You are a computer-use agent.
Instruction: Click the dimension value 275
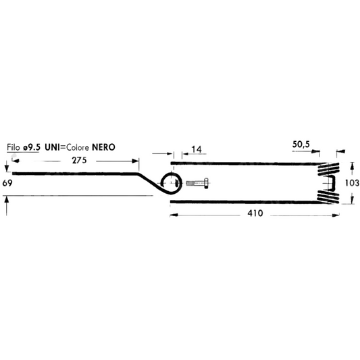pyautogui.click(x=79, y=160)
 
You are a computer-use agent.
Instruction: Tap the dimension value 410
pyautogui.click(x=255, y=213)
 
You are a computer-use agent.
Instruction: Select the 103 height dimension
pyautogui.click(x=352, y=183)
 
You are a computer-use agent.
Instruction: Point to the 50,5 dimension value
pyautogui.click(x=301, y=144)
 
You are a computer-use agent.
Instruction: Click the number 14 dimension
pyautogui.click(x=197, y=149)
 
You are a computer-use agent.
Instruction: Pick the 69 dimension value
pyautogui.click(x=7, y=183)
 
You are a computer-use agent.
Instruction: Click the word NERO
pyautogui.click(x=103, y=147)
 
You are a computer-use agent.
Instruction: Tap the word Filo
pyautogui.click(x=14, y=147)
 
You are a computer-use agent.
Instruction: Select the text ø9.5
pyautogui.click(x=32, y=147)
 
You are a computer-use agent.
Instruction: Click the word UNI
pyautogui.click(x=53, y=147)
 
